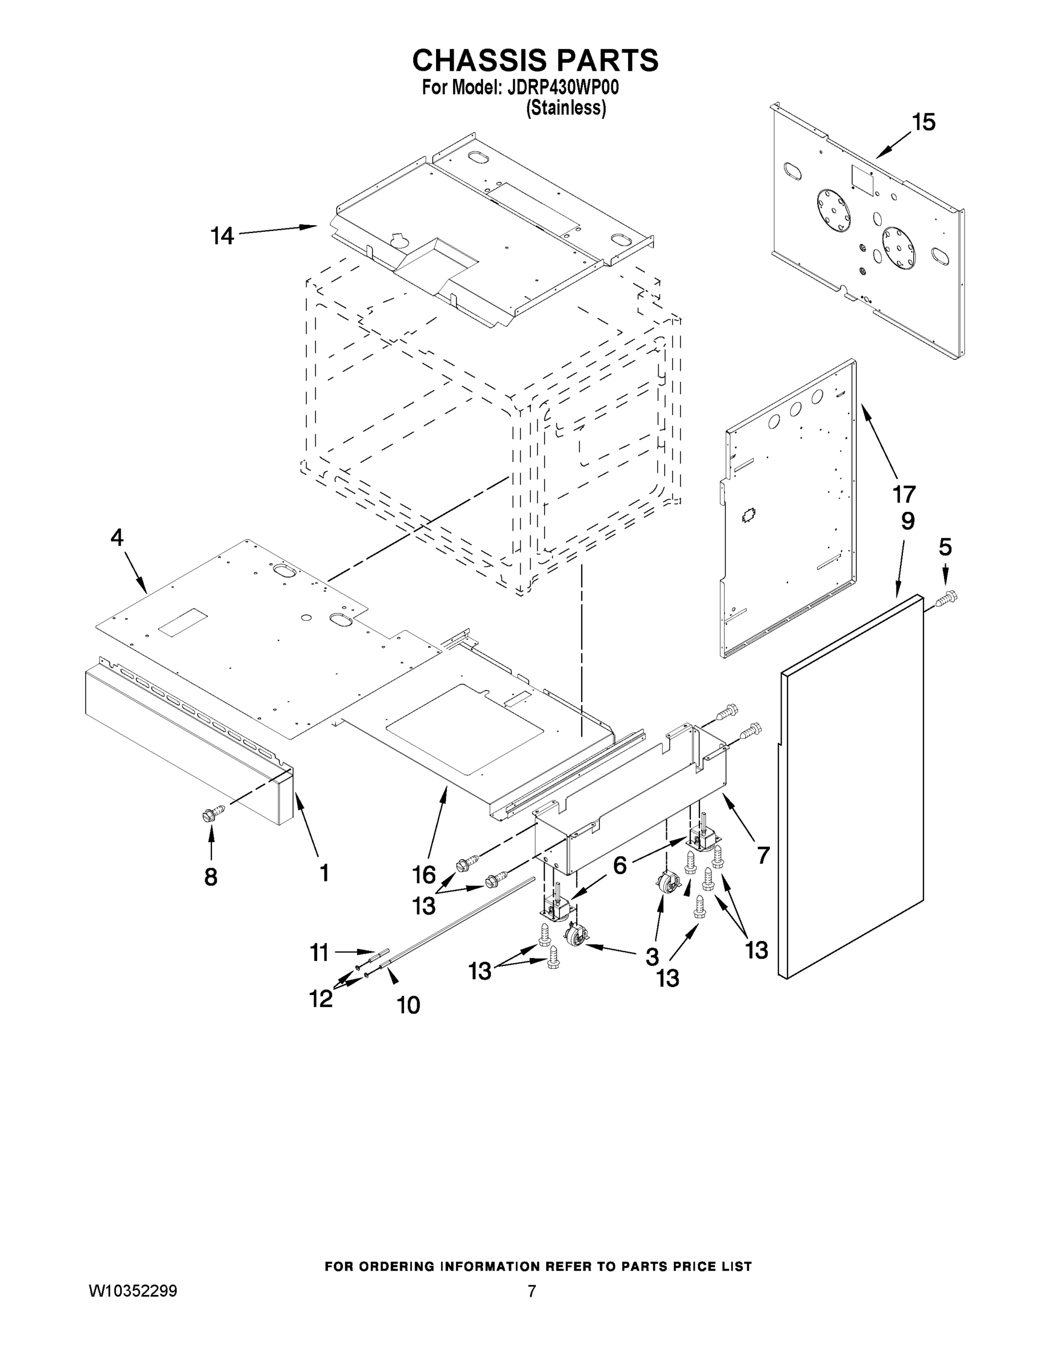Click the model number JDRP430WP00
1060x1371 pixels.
(x=559, y=87)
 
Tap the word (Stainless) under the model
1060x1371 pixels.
(x=566, y=108)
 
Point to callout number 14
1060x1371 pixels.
(x=222, y=236)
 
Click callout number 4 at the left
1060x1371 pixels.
(x=117, y=538)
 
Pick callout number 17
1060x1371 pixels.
(x=904, y=494)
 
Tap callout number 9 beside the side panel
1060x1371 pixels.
(x=908, y=520)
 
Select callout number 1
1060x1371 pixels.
(x=324, y=872)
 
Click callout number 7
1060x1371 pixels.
(x=763, y=855)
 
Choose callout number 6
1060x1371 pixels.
(x=620, y=865)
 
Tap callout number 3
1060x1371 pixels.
(x=653, y=956)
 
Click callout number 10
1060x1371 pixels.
(x=408, y=1005)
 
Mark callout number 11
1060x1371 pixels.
(x=319, y=953)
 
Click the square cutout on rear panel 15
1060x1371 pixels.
(x=862, y=176)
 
